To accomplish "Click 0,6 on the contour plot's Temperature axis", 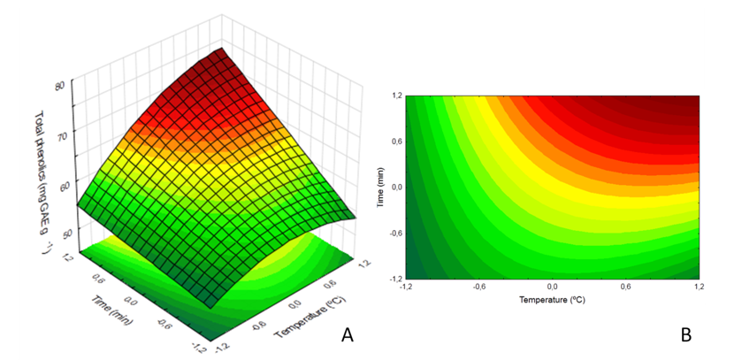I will (625, 287).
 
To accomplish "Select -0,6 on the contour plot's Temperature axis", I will (478, 287).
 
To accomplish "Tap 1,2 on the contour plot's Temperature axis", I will (699, 287).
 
